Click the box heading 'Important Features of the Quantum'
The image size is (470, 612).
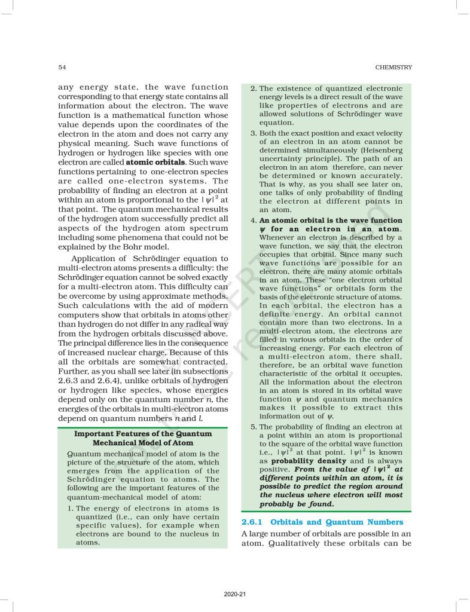[142, 433]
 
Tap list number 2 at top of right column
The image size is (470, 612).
[254, 88]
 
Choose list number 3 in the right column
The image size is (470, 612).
[254, 133]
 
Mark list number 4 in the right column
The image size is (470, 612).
[254, 221]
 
